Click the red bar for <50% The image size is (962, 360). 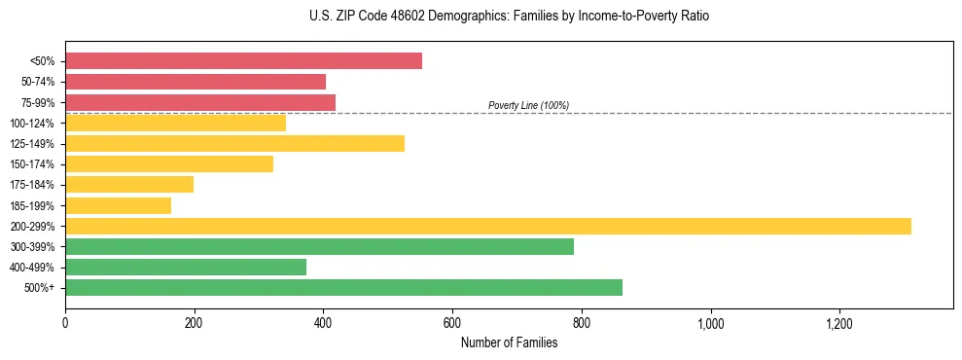click(243, 61)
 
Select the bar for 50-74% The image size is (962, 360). click(196, 82)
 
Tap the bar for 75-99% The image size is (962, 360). click(200, 102)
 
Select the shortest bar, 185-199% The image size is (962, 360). click(118, 205)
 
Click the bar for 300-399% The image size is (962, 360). click(319, 247)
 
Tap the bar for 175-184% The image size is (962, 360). click(129, 185)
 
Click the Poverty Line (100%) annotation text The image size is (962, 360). click(528, 105)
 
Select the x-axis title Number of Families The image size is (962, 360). click(509, 342)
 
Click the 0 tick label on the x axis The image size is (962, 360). click(65, 322)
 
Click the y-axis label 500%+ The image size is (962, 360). click(39, 288)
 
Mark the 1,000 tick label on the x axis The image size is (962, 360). click(710, 322)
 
